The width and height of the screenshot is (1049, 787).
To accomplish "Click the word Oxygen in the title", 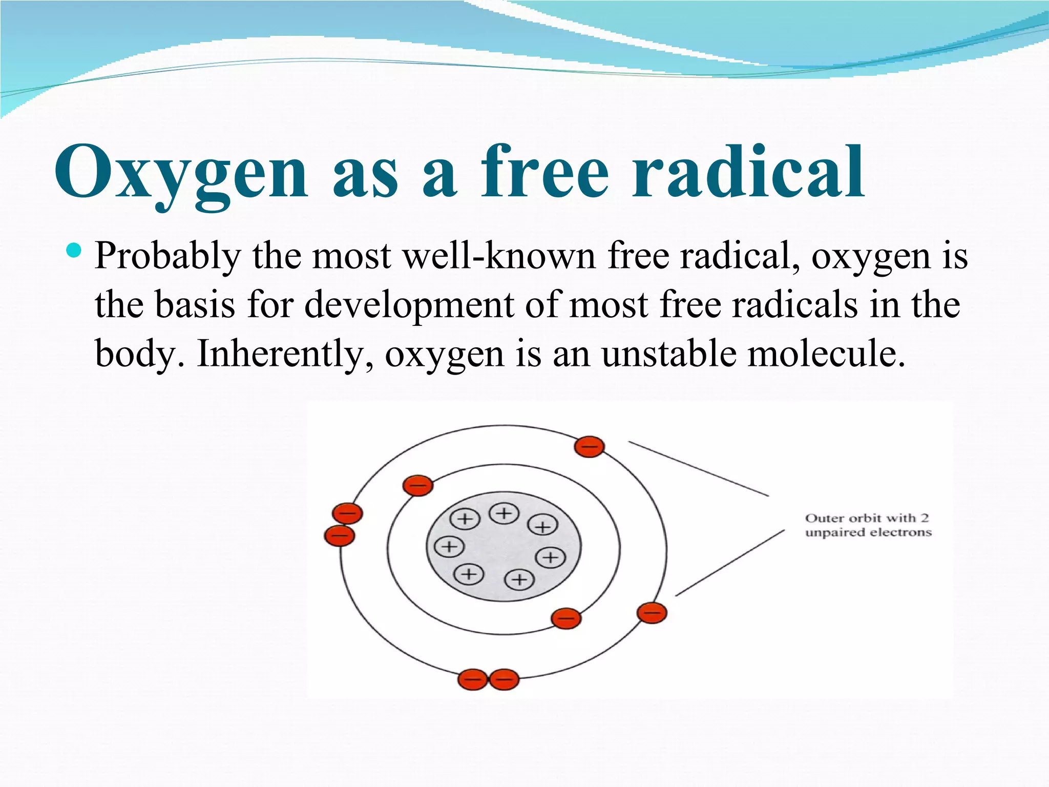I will (x=181, y=172).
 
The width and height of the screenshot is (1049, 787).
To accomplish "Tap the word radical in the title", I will (x=748, y=172).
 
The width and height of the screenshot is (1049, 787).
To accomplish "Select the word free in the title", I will (x=544, y=172).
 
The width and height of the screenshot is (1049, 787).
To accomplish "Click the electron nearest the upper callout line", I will (x=589, y=447).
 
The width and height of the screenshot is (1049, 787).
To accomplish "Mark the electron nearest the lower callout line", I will (x=652, y=613).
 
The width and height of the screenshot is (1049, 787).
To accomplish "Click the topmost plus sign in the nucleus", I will (x=504, y=513).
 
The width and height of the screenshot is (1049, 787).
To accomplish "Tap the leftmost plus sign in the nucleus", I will (x=449, y=547).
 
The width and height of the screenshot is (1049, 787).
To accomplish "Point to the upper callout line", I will (x=699, y=469).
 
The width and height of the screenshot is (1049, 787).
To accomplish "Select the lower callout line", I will (x=730, y=563).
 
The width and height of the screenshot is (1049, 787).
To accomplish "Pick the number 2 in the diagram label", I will (x=925, y=518).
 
